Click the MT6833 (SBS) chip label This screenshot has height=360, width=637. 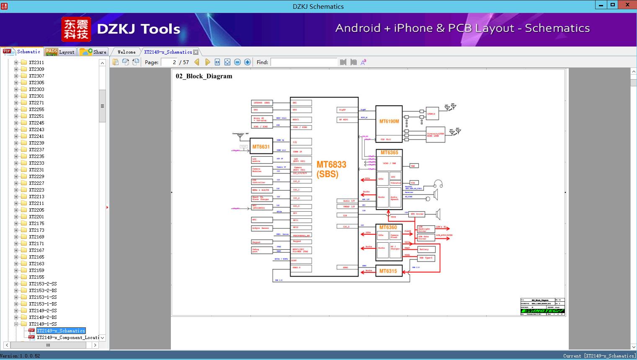point(331,169)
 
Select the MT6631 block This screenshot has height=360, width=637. point(261,147)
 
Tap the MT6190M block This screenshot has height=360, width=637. point(389,122)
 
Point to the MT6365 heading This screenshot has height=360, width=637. point(389,153)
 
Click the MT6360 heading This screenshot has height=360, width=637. point(388,227)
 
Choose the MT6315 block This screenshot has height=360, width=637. point(388,271)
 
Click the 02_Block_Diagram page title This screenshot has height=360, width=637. point(204,76)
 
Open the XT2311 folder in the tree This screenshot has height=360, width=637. point(36,62)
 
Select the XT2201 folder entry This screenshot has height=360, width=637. point(36,217)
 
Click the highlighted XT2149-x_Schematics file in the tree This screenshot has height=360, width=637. point(61,331)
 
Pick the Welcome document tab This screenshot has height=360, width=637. point(126,52)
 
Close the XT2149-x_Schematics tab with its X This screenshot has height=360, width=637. point(196,52)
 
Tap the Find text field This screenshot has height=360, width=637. point(304,62)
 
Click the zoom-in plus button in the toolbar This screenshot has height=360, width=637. point(248,62)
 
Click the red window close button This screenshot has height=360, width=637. point(627,5)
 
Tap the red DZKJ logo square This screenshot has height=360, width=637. point(76,29)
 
